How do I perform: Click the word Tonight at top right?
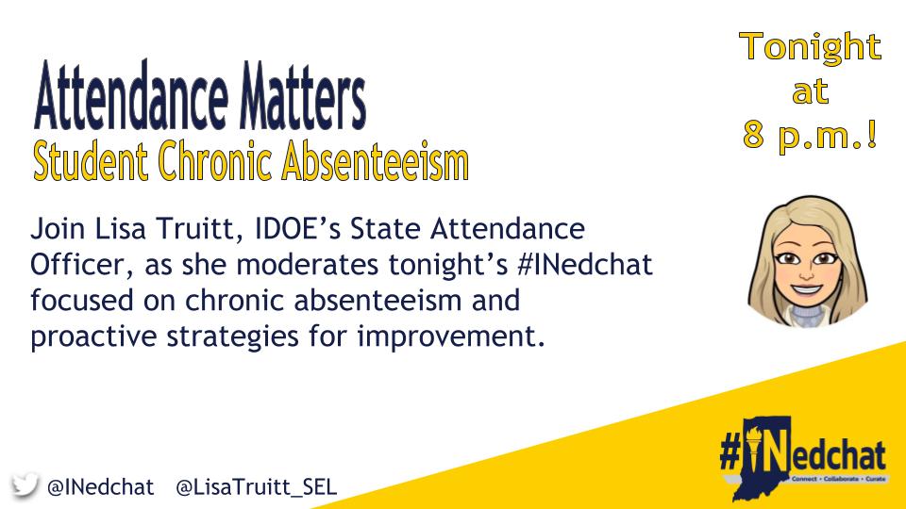point(811,47)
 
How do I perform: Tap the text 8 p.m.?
point(811,136)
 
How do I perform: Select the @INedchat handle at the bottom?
point(100,487)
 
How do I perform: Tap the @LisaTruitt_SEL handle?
point(257,487)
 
